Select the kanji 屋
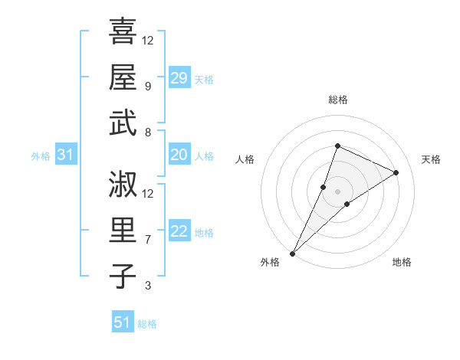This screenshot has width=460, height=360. pyautogui.click(x=123, y=77)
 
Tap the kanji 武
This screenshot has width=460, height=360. pyautogui.click(x=123, y=123)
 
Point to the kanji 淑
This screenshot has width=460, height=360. pyautogui.click(x=123, y=183)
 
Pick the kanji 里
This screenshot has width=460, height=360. pyautogui.click(x=123, y=230)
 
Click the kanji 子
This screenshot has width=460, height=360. pyautogui.click(x=123, y=276)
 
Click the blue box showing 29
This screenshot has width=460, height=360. pyautogui.click(x=179, y=78)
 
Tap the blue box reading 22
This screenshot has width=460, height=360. pyautogui.click(x=179, y=232)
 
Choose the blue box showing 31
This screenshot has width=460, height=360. pyautogui.click(x=65, y=155)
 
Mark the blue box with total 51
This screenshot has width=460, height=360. pyautogui.click(x=123, y=322)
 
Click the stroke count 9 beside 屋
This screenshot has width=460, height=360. pyautogui.click(x=147, y=86)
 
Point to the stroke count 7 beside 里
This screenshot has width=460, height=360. pyautogui.click(x=147, y=239)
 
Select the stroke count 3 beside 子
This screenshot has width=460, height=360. pyautogui.click(x=147, y=286)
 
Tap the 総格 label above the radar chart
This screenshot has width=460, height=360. pyautogui.click(x=337, y=100)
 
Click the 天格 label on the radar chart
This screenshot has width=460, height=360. pyautogui.click(x=431, y=159)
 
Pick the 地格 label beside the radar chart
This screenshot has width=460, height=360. pyautogui.click(x=402, y=262)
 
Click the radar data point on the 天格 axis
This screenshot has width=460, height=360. pyautogui.click(x=396, y=172)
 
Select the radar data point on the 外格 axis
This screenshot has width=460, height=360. pyautogui.click(x=292, y=253)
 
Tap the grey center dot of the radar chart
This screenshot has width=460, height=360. pyautogui.click(x=337, y=191)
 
